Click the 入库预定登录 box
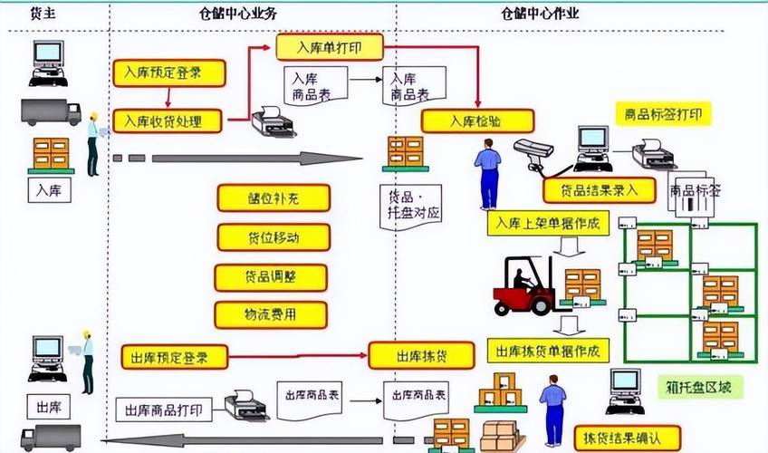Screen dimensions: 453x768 [168, 73]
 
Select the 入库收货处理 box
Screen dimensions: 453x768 [170, 120]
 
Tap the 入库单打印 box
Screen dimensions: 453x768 [329, 46]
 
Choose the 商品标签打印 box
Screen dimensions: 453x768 [663, 115]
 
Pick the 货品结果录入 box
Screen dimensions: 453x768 [599, 189]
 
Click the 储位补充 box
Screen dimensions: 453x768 [273, 198]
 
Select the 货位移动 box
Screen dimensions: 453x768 [273, 236]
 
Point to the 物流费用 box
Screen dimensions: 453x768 [271, 314]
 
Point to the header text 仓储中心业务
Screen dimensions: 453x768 [238, 13]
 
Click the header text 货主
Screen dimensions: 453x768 [41, 13]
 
